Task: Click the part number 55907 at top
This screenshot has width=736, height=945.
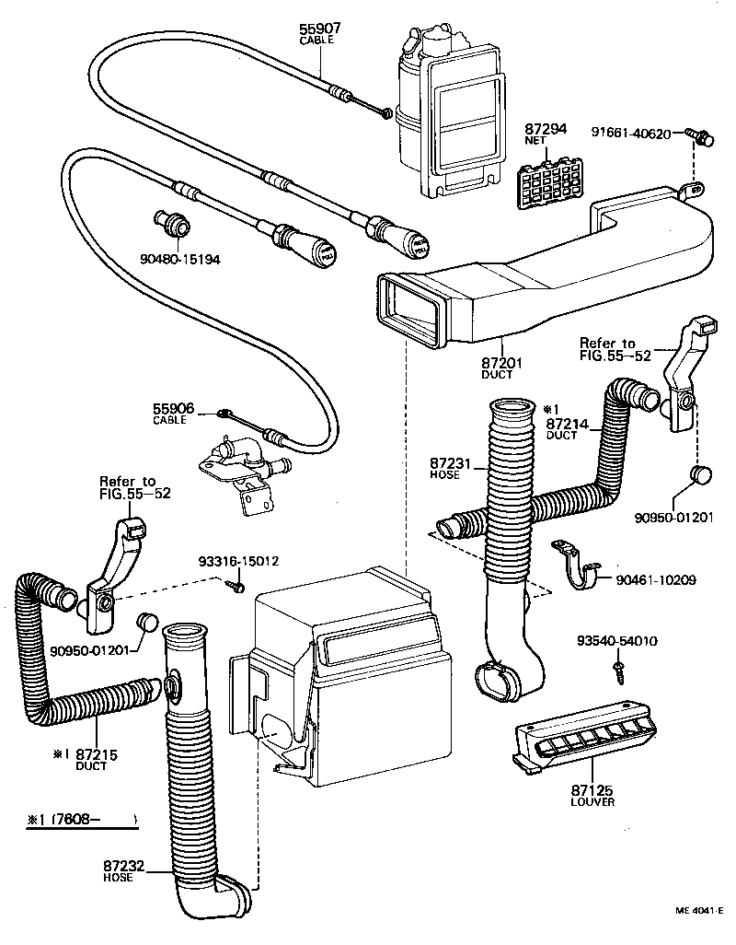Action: pos(317,29)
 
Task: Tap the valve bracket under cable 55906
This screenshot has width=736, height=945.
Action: pos(236,465)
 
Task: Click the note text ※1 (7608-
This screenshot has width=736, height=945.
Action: pos(81,818)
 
